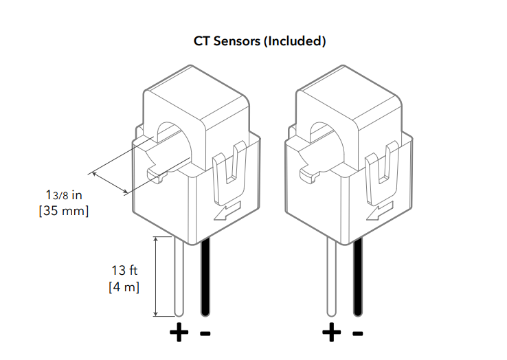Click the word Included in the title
tap(295, 41)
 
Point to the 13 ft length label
tap(124, 270)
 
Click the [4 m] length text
tap(124, 286)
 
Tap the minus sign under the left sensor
tap(205, 334)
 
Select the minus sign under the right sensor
tap(357, 334)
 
